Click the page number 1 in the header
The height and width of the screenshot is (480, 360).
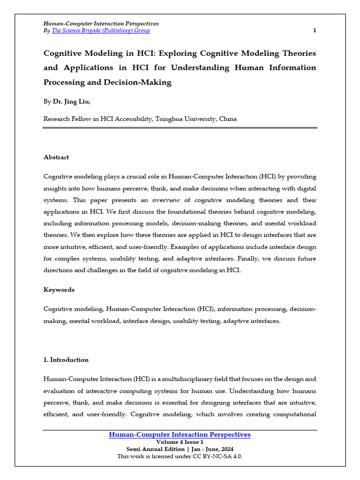click(315, 30)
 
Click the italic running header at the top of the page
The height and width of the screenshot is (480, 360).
click(101, 23)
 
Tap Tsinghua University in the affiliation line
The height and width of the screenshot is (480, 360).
click(185, 119)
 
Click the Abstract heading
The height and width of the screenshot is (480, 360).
click(56, 157)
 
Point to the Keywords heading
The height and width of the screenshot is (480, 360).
click(59, 290)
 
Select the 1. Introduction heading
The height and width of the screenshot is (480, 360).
click(66, 360)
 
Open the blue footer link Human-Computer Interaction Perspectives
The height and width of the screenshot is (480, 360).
click(180, 435)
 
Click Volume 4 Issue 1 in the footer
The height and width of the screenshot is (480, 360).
click(180, 442)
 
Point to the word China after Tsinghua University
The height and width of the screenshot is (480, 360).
click(228, 119)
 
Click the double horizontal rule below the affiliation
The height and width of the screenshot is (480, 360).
click(180, 128)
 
